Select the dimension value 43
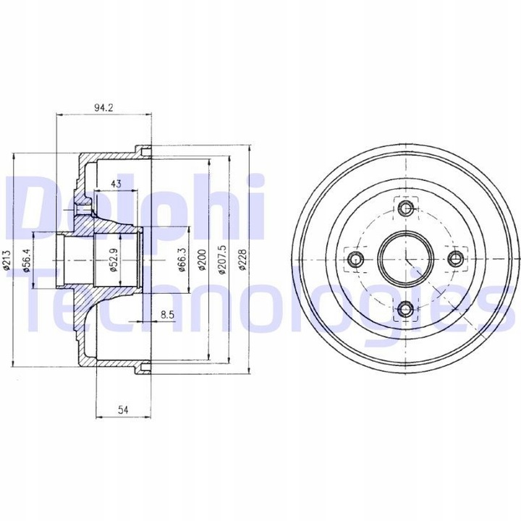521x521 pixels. point(116,183)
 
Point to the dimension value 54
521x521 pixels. point(122,410)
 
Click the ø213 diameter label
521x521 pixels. point(7,258)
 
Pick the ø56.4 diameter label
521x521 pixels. point(27,258)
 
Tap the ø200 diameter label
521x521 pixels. point(202,258)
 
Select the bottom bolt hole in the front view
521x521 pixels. point(405,310)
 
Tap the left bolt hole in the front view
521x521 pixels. point(355,260)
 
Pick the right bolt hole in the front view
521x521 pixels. point(456,260)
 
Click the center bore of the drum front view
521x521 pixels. point(405,260)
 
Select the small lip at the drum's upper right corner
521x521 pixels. point(144,151)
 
